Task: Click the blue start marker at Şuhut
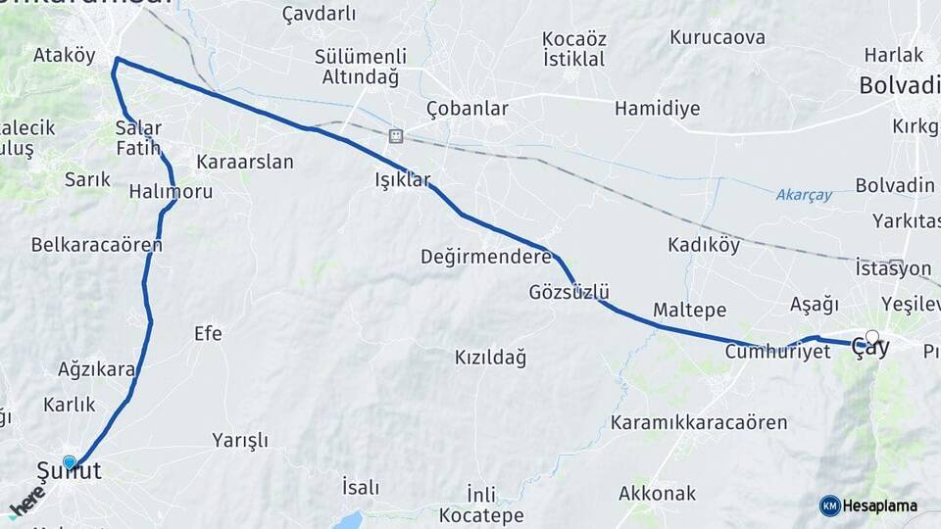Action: point(69,462)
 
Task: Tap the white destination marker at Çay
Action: point(872,337)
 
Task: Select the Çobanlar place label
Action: point(468,109)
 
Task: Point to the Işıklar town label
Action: point(403,180)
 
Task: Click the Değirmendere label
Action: point(485,258)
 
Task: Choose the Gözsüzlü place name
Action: point(570,292)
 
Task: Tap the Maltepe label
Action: point(689,311)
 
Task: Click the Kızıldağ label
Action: point(490,358)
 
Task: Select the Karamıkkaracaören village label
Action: point(699,423)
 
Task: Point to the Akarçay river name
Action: point(804,195)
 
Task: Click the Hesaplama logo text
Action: point(881,505)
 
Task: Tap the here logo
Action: point(27,503)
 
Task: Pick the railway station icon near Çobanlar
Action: point(396,136)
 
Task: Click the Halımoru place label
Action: point(171,192)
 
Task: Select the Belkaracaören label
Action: point(96,244)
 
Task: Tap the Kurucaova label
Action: point(717,38)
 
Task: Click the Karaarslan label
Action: point(245,163)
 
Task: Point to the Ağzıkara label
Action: point(96,370)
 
